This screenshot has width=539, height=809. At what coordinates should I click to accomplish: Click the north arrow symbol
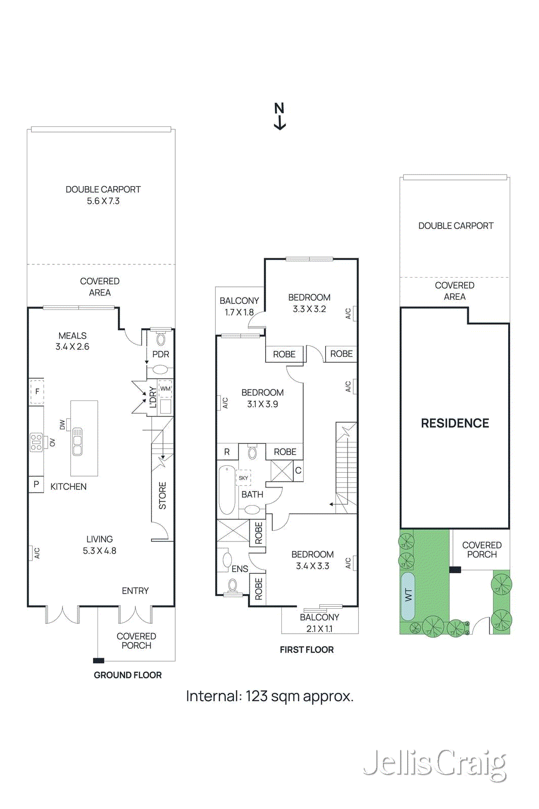pyautogui.click(x=279, y=116)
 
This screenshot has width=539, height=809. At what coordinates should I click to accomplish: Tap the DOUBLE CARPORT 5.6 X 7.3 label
pyautogui.click(x=103, y=195)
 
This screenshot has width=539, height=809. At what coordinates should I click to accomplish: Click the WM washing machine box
pyautogui.click(x=165, y=389)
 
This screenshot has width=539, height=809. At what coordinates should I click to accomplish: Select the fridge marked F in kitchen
pyautogui.click(x=37, y=391)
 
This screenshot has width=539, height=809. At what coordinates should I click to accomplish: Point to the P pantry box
pyautogui.click(x=36, y=484)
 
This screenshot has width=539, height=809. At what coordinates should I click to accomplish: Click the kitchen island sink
pyautogui.click(x=77, y=441)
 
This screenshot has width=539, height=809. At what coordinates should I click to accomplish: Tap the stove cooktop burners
pyautogui.click(x=36, y=442)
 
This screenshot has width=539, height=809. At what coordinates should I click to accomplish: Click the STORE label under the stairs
pyautogui.click(x=162, y=496)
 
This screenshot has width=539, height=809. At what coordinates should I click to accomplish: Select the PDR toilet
pyautogui.click(x=161, y=339)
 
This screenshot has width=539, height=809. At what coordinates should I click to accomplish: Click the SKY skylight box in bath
pyautogui.click(x=243, y=478)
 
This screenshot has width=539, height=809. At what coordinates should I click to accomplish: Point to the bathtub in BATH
pyautogui.click(x=227, y=490)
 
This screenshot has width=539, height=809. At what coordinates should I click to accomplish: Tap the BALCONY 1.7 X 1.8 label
pyautogui.click(x=239, y=306)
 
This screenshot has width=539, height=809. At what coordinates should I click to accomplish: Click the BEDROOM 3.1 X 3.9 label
pyautogui.click(x=262, y=398)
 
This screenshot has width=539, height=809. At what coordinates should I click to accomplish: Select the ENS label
pyautogui.click(x=239, y=569)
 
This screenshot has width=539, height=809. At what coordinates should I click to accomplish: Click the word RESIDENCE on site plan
pyautogui.click(x=455, y=423)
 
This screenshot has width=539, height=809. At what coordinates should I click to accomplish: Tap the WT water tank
pyautogui.click(x=408, y=596)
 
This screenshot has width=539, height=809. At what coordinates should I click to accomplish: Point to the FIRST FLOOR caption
pyautogui.click(x=307, y=650)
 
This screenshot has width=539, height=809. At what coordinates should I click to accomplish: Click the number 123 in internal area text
pyautogui.click(x=257, y=696)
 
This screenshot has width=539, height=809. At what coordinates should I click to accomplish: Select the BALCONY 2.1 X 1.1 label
pyautogui.click(x=319, y=623)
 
